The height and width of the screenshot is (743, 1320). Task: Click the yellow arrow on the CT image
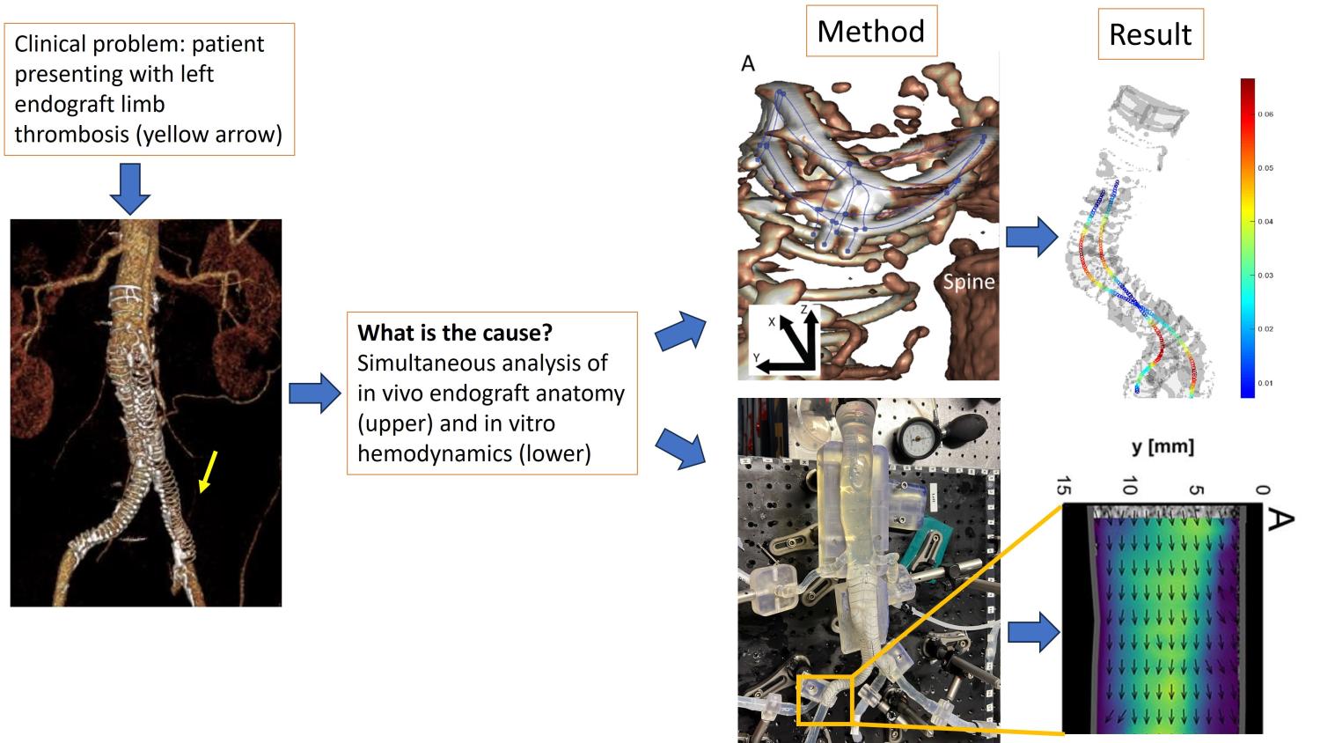209,470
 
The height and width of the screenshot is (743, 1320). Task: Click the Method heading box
871,32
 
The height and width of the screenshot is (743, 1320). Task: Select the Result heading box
1149,34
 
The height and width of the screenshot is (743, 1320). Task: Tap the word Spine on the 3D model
968,282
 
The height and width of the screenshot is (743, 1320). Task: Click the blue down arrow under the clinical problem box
129,188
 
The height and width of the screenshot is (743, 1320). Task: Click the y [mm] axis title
1162,446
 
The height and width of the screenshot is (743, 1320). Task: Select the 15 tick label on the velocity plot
1063,486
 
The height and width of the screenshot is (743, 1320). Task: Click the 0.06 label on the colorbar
1265,114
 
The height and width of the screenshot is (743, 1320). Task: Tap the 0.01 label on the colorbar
1265,383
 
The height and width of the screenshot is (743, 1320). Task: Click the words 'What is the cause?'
455,333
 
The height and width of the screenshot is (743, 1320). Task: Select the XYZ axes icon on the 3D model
785,342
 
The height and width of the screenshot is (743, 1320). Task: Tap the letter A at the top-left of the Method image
748,63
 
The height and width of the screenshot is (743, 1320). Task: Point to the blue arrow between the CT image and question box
314,393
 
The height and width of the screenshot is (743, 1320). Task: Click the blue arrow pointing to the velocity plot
1032,632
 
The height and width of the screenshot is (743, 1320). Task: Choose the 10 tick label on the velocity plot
1130,486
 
